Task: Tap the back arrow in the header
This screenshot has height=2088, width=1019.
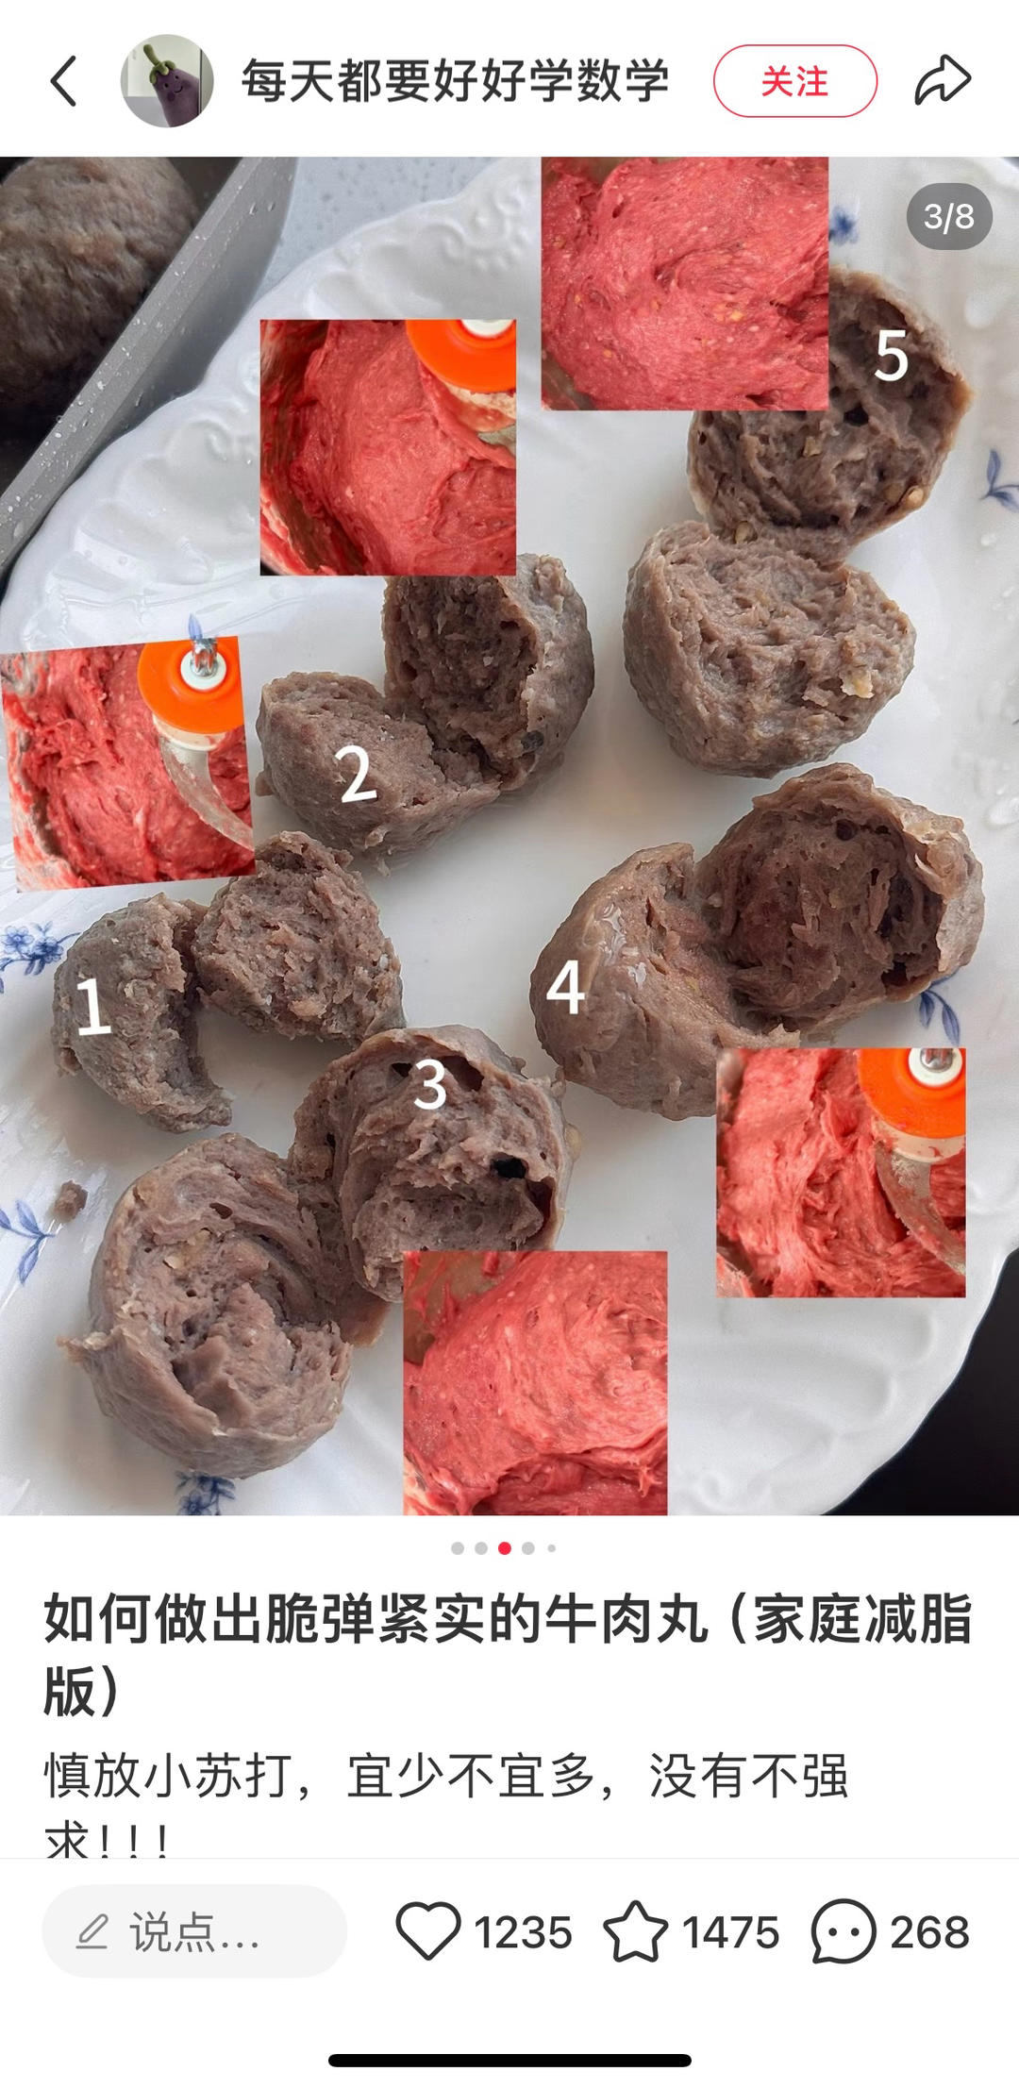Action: point(63,81)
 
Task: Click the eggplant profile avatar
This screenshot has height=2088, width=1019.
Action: point(167,81)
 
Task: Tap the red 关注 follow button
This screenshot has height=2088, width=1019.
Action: point(795,81)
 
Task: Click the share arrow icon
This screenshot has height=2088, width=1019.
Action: point(943,79)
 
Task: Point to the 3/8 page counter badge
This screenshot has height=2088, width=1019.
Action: point(949,216)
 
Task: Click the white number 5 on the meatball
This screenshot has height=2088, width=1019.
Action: point(891,356)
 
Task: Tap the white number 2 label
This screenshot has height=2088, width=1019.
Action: point(357,773)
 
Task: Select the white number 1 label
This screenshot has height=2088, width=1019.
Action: point(92,1005)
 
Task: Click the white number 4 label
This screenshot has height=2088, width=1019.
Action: point(566,987)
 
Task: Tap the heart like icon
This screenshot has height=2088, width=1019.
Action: point(428,1931)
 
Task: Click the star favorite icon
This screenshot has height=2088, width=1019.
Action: point(635,1931)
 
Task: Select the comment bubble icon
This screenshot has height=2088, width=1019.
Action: point(844,1931)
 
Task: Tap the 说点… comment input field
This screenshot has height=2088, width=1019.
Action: point(194,1931)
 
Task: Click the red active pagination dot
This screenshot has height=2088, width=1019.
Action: point(505,1548)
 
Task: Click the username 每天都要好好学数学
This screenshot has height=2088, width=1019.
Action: point(455,81)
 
